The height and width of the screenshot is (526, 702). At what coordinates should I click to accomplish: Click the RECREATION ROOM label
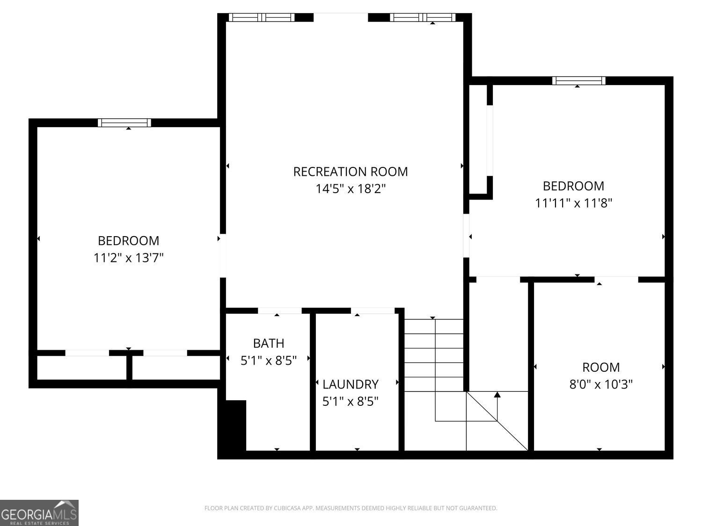(x=350, y=172)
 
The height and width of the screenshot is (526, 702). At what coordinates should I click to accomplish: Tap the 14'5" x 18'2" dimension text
(x=350, y=189)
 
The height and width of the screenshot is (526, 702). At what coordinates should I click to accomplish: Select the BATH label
(x=268, y=343)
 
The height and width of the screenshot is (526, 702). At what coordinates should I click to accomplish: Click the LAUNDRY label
(x=350, y=384)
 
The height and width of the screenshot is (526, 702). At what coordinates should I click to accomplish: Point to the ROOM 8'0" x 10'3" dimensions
(x=601, y=384)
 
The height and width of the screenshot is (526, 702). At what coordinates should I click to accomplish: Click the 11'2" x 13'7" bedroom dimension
(x=129, y=258)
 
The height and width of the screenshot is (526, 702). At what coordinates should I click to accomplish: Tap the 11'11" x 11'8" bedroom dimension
(x=573, y=203)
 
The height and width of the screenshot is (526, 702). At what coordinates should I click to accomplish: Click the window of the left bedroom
(x=124, y=122)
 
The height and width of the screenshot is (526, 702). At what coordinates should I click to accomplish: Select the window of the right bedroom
(x=578, y=80)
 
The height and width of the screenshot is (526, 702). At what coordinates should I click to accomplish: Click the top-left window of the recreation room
(x=262, y=17)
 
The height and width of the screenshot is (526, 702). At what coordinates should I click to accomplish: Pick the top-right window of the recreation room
(x=423, y=17)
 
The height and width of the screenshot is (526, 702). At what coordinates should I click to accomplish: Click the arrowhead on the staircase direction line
(x=497, y=395)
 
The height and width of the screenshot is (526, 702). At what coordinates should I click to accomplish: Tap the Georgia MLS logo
(x=39, y=512)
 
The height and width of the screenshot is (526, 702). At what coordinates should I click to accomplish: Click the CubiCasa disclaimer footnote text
(x=351, y=508)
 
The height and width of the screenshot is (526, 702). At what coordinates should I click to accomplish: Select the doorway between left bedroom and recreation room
(x=223, y=255)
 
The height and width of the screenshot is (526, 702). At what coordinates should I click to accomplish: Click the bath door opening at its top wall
(x=279, y=310)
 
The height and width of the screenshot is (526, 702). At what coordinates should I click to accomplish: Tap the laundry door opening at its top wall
(x=373, y=310)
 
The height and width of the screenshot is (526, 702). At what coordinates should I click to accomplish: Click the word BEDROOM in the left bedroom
(x=128, y=241)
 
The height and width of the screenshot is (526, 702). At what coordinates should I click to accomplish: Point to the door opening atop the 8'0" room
(x=617, y=280)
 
